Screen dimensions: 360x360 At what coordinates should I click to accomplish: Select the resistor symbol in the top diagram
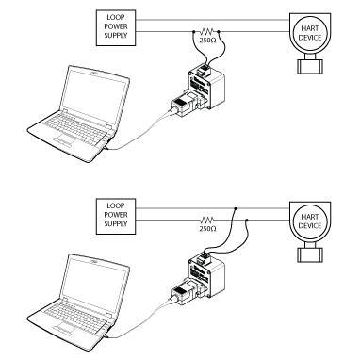click(207, 31)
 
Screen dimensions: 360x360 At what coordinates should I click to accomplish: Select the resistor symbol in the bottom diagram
click(207, 220)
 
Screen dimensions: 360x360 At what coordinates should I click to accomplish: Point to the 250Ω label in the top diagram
click(207, 41)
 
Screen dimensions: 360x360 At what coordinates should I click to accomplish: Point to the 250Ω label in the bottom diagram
click(207, 229)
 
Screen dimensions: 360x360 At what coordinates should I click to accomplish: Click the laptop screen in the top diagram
click(94, 95)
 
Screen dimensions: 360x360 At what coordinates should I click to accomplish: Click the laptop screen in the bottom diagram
click(94, 284)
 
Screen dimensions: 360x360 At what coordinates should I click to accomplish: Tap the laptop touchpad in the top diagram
click(65, 140)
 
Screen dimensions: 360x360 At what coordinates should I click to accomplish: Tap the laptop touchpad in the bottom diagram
click(65, 329)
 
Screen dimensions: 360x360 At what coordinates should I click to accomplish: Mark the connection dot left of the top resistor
click(194, 31)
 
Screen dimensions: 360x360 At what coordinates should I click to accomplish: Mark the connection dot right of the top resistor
click(219, 31)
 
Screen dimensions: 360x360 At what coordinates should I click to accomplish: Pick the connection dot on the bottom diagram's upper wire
click(236, 208)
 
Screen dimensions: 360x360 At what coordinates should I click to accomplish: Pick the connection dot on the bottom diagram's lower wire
click(247, 220)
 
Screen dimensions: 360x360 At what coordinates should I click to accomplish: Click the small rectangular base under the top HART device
click(310, 66)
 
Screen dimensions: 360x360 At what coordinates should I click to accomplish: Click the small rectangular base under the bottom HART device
click(310, 254)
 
